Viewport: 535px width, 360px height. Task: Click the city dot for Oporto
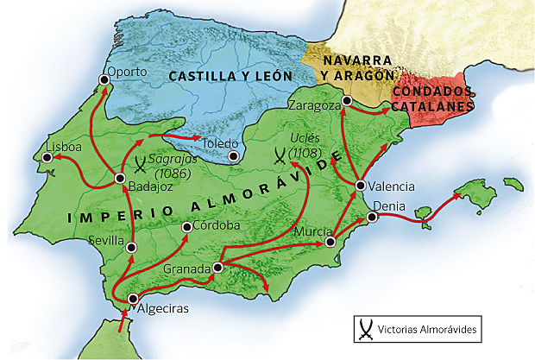tap(104, 79)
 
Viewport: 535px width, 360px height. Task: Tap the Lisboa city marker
tap(47, 158)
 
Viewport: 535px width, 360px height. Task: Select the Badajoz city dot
tap(120, 179)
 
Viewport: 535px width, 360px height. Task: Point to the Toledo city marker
tap(234, 156)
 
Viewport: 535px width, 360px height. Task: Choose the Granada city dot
tap(217, 268)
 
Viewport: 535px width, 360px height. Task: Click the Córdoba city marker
tap(187, 227)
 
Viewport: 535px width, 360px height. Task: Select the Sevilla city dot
tap(131, 247)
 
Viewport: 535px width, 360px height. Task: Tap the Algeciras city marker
tap(132, 299)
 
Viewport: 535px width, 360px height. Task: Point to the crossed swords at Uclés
tap(280, 156)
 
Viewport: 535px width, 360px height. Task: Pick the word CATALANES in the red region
tap(432, 106)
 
